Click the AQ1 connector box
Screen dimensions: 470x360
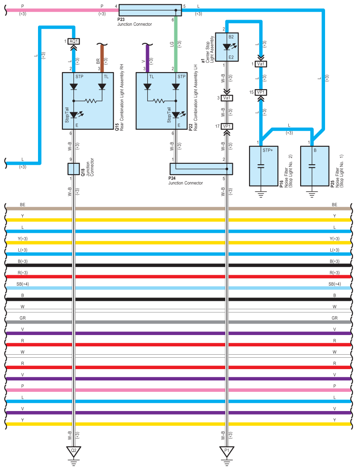coord(73,41)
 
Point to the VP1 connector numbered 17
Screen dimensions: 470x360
coord(227,126)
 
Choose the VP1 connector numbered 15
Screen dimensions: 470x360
coord(261,92)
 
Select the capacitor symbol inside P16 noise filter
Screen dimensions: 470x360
coord(261,166)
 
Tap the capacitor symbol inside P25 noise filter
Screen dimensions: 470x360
coord(312,166)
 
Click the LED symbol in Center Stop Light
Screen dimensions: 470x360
coord(227,47)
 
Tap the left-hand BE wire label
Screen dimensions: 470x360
coord(22,204)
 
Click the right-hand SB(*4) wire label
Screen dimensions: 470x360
coord(334,284)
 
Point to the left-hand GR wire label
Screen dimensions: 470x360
coord(22,318)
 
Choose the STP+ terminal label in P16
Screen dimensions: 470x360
coord(267,150)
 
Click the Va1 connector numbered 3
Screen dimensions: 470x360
coord(227,98)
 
